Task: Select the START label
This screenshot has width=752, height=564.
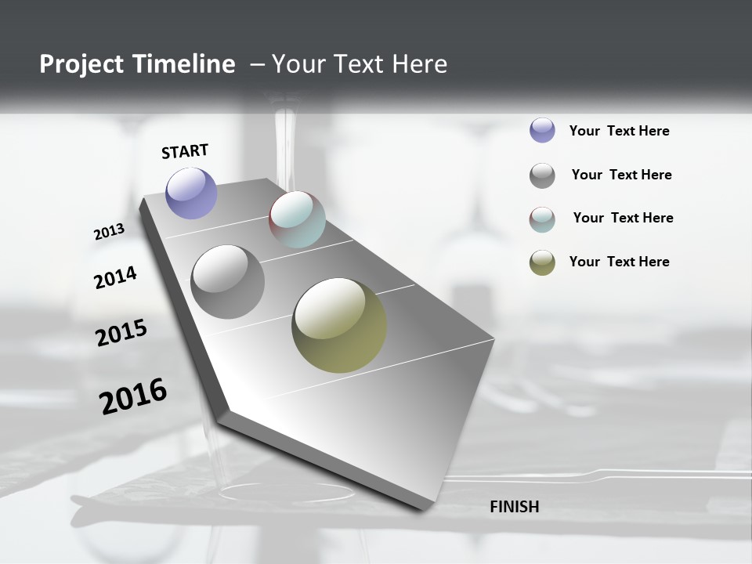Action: click(185, 151)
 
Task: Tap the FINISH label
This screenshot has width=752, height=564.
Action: click(514, 507)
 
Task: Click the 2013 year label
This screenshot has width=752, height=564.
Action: click(109, 232)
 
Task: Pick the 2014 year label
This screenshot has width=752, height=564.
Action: click(115, 277)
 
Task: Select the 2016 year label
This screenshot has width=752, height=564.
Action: click(133, 396)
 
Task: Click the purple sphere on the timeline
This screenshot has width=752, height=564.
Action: click(191, 193)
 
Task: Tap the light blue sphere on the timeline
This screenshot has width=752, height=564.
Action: click(297, 219)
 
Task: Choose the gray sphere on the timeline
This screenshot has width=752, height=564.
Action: click(227, 282)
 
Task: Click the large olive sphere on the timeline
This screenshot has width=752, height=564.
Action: click(339, 325)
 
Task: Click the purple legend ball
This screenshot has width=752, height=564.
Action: click(542, 130)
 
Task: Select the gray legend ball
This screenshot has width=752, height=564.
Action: click(542, 175)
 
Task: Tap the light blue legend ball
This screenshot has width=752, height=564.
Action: click(542, 219)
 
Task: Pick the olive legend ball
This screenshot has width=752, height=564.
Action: click(542, 262)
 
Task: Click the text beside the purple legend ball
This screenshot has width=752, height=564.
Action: click(619, 131)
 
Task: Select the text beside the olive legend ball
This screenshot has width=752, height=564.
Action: click(619, 262)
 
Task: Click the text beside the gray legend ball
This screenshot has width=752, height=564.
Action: click(621, 175)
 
